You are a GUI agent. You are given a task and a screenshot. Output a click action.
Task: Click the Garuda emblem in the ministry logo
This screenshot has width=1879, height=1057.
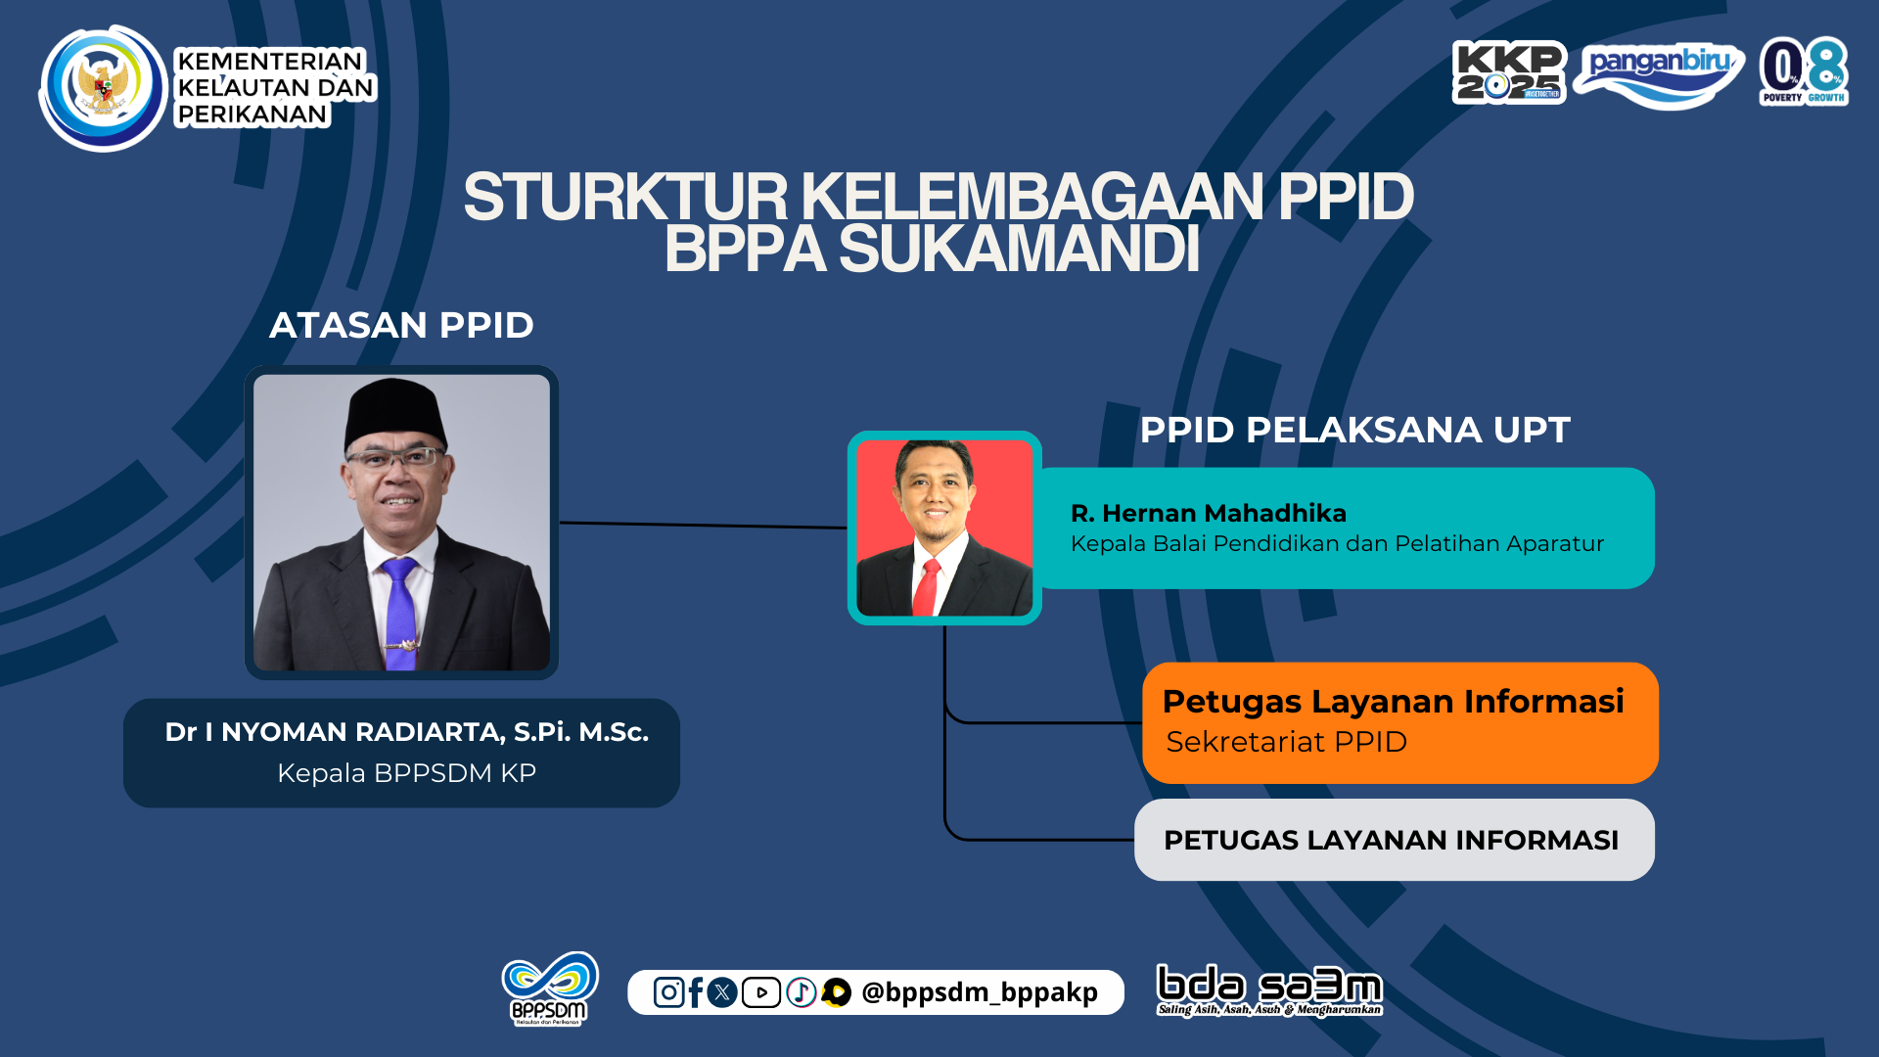pyautogui.click(x=103, y=87)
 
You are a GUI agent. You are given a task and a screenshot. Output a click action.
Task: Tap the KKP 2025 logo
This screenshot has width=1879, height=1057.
pyautogui.click(x=1509, y=71)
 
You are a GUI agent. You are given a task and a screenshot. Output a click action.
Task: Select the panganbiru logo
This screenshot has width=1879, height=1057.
pyautogui.click(x=1660, y=74)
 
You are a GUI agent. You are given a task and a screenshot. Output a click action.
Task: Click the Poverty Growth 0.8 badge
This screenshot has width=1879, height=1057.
pyautogui.click(x=1804, y=70)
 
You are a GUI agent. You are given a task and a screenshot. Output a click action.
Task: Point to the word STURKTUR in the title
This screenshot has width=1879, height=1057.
pyautogui.click(x=625, y=198)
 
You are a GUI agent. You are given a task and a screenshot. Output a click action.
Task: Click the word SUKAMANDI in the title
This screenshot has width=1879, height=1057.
pyautogui.click(x=1019, y=250)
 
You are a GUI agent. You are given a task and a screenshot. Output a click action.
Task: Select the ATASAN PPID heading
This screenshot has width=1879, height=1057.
pyautogui.click(x=401, y=325)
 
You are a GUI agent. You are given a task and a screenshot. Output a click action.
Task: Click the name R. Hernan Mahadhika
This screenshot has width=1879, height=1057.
pyautogui.click(x=1209, y=513)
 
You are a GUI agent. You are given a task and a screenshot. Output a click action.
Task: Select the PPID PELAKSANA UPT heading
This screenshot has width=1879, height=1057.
pyautogui.click(x=1354, y=430)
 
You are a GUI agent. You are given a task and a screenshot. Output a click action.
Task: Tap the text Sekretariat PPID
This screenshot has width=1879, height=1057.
pyautogui.click(x=1286, y=742)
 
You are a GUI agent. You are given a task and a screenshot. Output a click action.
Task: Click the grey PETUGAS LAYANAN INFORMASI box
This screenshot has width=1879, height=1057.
pyautogui.click(x=1395, y=840)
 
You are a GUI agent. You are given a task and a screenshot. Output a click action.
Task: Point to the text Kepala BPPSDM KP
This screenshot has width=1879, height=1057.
pyautogui.click(x=406, y=773)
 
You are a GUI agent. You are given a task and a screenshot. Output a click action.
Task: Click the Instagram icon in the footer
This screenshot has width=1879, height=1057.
pyautogui.click(x=668, y=992)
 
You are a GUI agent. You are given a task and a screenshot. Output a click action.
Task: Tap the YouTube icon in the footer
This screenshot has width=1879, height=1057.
pyautogui.click(x=760, y=992)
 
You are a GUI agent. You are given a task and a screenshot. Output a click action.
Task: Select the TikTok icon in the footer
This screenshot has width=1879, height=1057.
pyautogui.click(x=801, y=992)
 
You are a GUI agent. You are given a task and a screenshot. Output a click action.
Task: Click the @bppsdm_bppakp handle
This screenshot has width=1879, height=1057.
pyautogui.click(x=979, y=992)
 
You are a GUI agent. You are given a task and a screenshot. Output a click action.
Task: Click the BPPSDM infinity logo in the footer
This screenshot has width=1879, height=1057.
pyautogui.click(x=550, y=988)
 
